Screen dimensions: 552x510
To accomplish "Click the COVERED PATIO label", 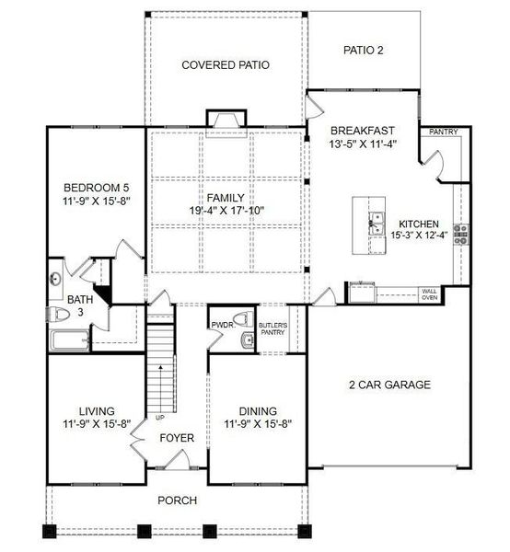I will tap(225, 65).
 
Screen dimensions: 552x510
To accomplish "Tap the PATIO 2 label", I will tap(363, 51).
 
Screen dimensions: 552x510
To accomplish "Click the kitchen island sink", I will tap(377, 220).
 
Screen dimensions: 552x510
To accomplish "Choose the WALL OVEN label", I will tap(429, 294).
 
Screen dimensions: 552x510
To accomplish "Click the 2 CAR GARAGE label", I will tap(388, 385).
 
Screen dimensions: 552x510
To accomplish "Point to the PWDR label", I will tap(222, 325).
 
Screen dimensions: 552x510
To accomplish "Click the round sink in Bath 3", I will tap(55, 278).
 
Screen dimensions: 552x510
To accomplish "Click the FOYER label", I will tap(176, 438).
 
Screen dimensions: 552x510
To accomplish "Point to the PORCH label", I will tap(177, 500).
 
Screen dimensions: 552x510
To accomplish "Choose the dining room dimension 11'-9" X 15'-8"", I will tap(259, 425).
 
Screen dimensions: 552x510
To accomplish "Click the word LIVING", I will tap(92, 411).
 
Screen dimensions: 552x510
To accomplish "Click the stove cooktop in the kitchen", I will tap(460, 234).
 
